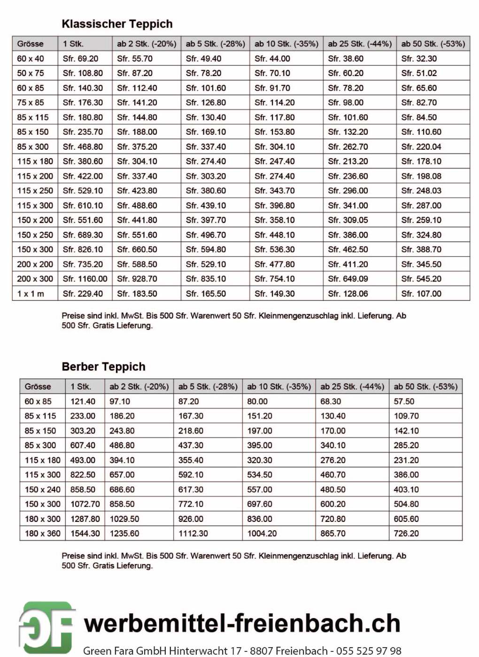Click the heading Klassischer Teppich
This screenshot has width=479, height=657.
pyautogui.click(x=117, y=24)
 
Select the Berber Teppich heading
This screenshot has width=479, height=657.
pyautogui.click(x=103, y=367)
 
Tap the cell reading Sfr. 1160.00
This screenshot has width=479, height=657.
pyautogui.click(x=85, y=279)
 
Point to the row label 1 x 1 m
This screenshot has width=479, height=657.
pyautogui.click(x=31, y=294)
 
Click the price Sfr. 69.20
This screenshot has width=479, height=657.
pyautogui.click(x=80, y=59)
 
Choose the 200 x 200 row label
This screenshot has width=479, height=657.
pyautogui.click(x=35, y=264)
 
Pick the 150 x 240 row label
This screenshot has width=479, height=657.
pyautogui.click(x=42, y=489)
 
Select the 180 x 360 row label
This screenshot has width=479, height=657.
pyautogui.click(x=42, y=534)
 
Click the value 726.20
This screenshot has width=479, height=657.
pyautogui.click(x=406, y=534)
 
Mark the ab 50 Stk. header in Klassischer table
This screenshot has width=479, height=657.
pyautogui.click(x=433, y=44)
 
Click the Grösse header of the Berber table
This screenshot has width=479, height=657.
pyautogui.click(x=38, y=387)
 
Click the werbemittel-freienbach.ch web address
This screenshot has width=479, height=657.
pyautogui.click(x=242, y=624)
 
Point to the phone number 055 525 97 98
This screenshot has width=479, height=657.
pyautogui.click(x=369, y=650)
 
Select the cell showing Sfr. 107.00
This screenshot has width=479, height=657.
pyautogui.click(x=421, y=294)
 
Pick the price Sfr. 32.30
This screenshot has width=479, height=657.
pyautogui.click(x=419, y=59)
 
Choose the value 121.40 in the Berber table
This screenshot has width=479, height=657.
pyautogui.click(x=83, y=402)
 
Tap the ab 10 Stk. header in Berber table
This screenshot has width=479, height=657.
pyautogui.click(x=279, y=387)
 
